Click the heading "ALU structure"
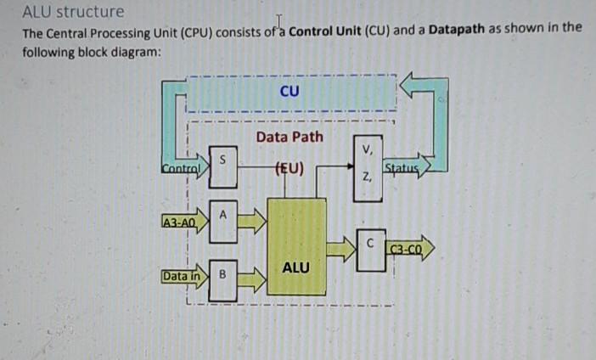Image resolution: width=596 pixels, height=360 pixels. pos(73,12)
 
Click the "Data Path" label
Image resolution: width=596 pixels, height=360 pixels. pos(289,136)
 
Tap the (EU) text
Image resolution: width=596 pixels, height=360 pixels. pos(290,166)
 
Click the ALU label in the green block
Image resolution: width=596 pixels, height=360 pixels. pos(295,267)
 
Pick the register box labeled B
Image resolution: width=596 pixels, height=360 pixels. pos(222,276)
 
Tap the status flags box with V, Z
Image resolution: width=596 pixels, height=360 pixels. pos(366,165)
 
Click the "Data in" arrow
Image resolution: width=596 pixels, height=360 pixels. pos(183,276)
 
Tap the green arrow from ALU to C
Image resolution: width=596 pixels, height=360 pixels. pos(340,248)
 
